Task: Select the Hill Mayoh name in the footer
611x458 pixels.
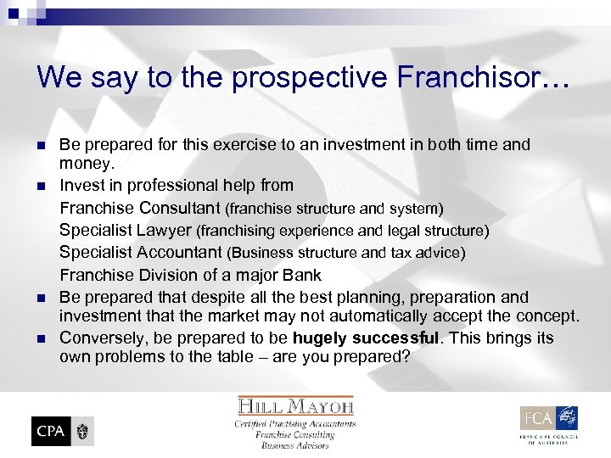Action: (x=294, y=406)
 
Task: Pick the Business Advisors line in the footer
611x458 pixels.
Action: (x=294, y=445)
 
